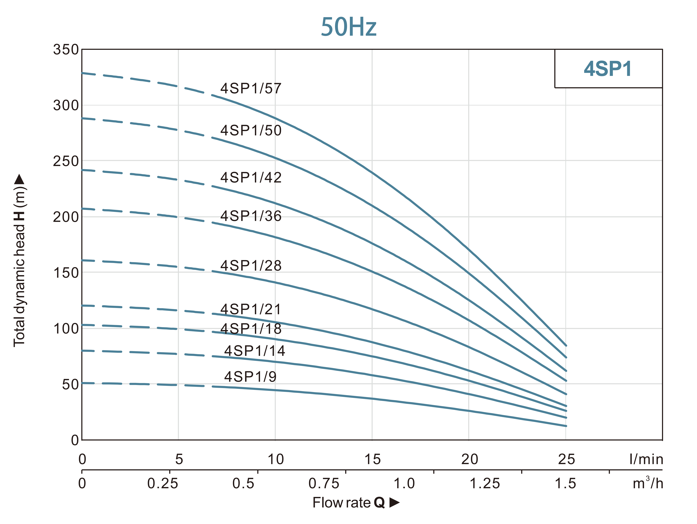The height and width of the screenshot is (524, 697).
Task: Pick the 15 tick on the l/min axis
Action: (x=372, y=459)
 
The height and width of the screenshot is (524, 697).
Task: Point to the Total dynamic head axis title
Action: (x=20, y=260)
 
